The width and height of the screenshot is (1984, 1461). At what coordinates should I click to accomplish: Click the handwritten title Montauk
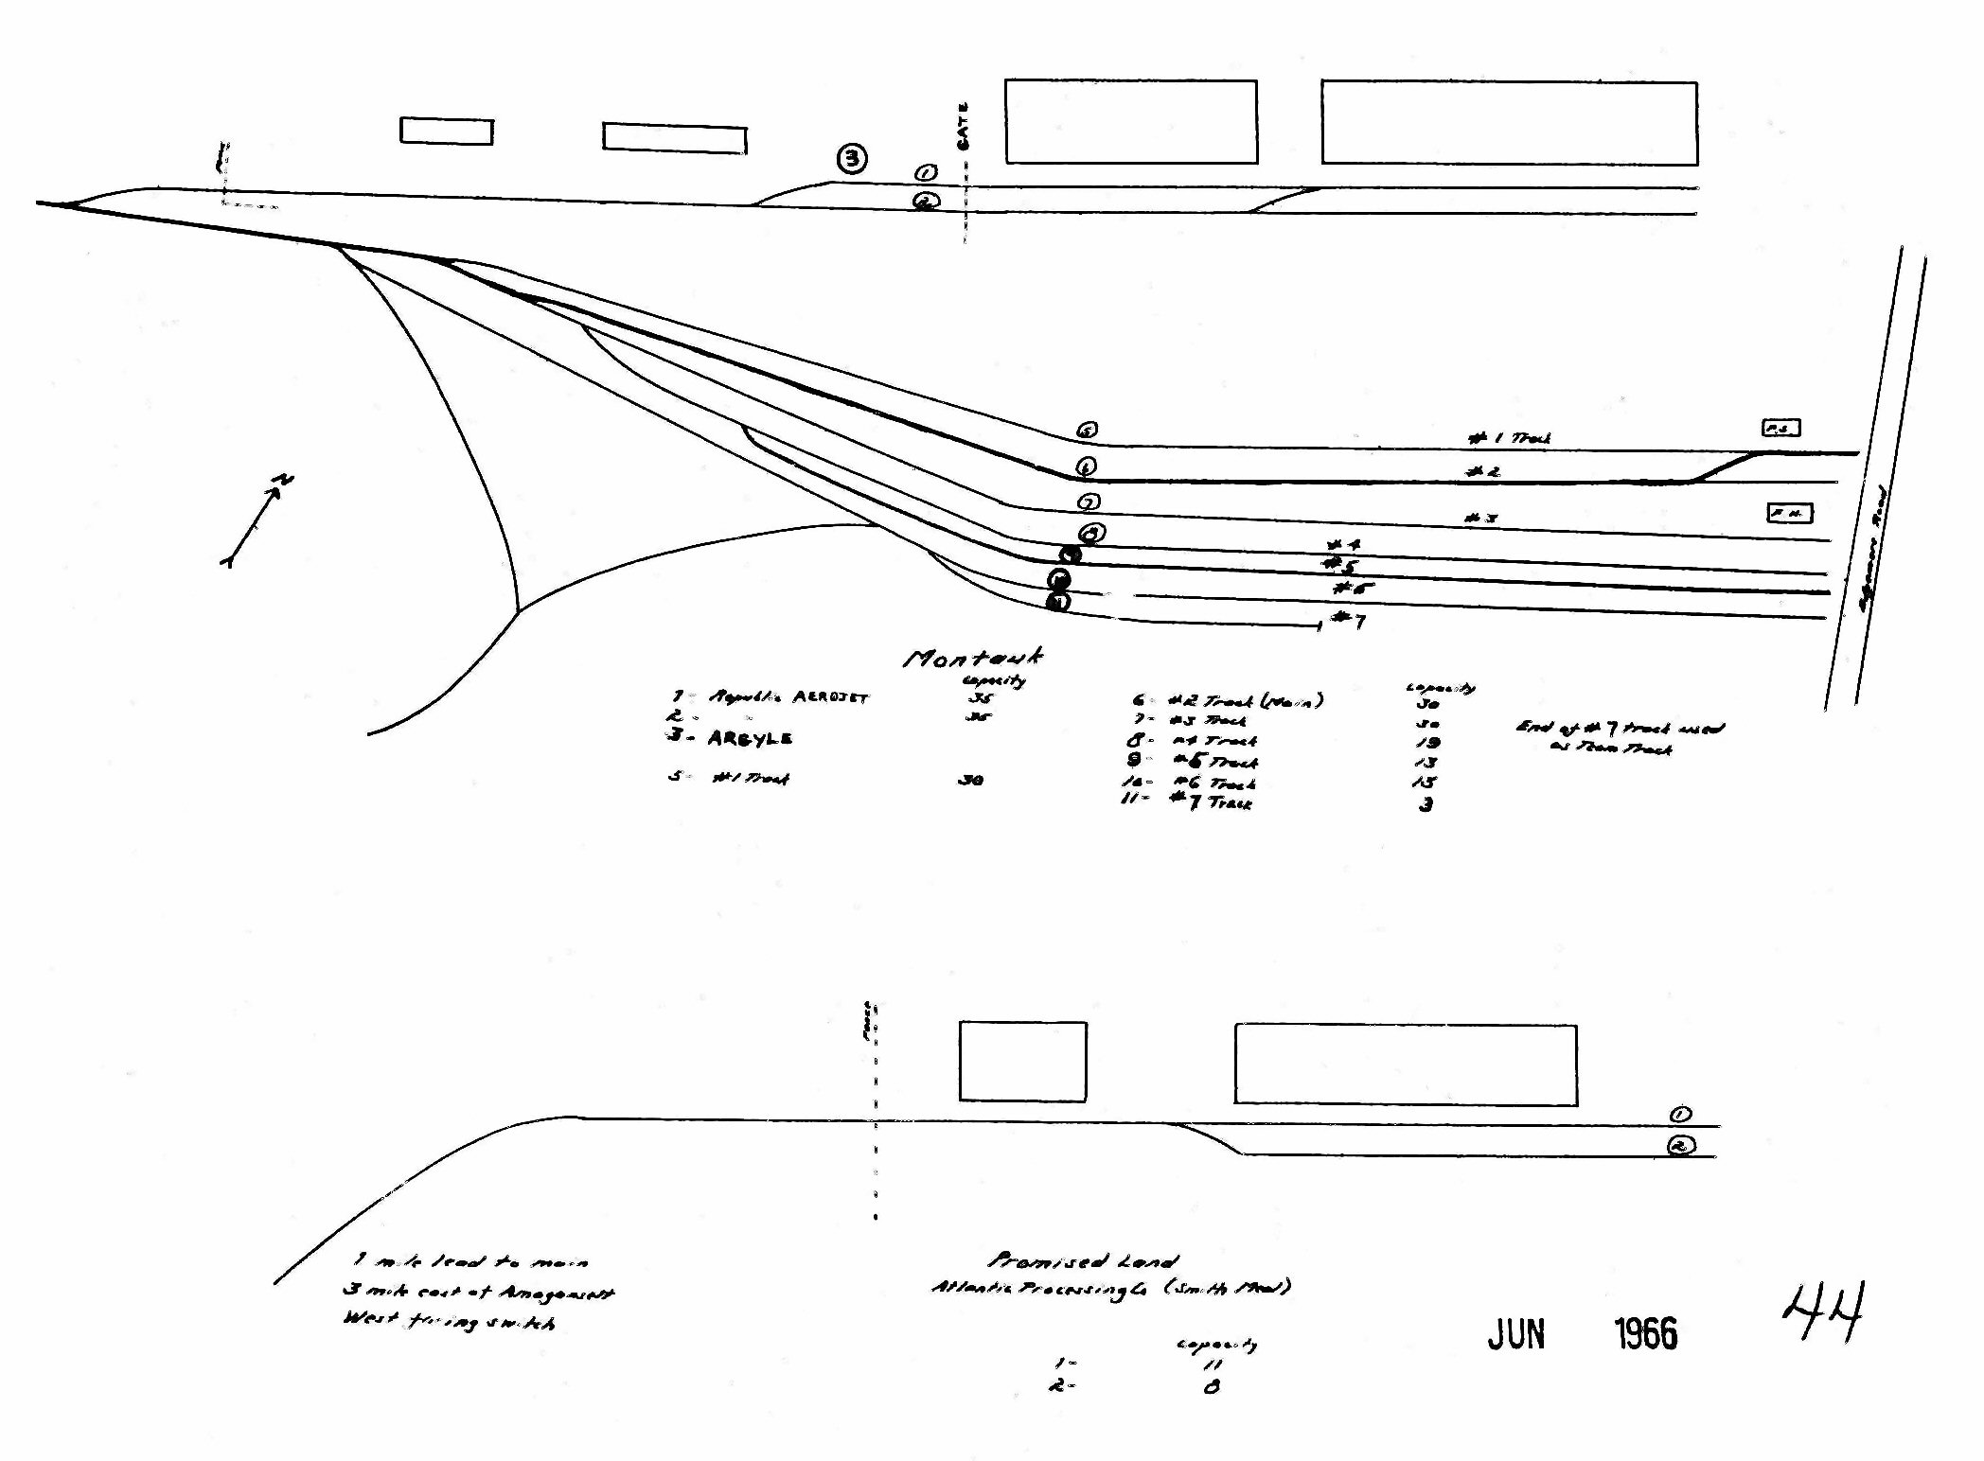point(973,658)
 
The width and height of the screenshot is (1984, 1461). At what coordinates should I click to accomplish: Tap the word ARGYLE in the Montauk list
point(750,738)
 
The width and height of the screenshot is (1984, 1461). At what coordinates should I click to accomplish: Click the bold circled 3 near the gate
point(852,158)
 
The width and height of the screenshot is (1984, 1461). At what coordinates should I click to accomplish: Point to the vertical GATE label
point(964,126)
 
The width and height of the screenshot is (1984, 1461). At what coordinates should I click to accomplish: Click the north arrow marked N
point(257,519)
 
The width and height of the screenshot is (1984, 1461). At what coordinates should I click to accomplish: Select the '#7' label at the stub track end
point(1348,620)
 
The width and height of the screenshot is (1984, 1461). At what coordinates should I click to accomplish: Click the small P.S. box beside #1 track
point(1780,428)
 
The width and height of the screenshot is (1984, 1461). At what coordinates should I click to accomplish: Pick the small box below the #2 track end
point(1789,513)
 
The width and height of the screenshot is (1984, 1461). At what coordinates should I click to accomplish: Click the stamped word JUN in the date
point(1515,1334)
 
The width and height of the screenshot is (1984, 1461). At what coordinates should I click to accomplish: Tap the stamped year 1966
point(1645,1334)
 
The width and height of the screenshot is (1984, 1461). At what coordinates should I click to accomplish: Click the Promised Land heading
point(1083,1260)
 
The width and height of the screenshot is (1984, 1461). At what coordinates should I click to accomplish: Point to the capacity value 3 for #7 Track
point(1426,804)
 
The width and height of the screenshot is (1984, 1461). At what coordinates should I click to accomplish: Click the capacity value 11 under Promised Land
point(1212,1364)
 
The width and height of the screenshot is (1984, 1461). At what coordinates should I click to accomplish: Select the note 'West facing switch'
point(449,1321)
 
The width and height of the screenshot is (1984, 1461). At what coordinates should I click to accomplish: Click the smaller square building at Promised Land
point(1022,1061)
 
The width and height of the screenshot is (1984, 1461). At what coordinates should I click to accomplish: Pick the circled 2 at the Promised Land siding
point(1680,1146)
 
